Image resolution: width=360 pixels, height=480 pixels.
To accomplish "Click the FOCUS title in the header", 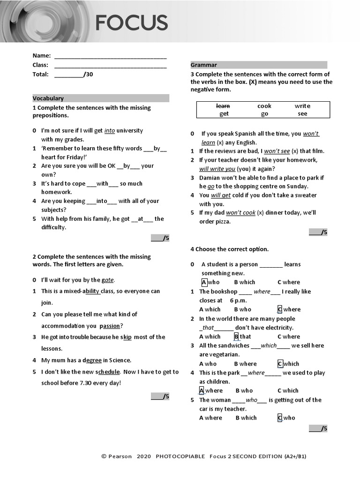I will pos(131,22).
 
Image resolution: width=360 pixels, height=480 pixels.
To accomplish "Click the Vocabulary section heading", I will pos(48,98).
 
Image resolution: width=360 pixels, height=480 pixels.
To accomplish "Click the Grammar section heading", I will pos(203,65).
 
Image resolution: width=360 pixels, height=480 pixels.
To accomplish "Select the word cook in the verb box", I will pos(264,106).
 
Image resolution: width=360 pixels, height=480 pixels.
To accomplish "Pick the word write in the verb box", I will pos(302,106).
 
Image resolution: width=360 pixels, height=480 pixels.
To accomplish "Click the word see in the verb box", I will pos(302,114).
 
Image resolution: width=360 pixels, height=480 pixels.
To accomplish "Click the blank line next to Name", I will pos(110,56).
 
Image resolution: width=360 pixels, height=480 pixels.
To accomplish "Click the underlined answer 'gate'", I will pos(108,280).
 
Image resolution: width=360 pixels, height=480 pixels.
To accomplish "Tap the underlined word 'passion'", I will pos(110,326).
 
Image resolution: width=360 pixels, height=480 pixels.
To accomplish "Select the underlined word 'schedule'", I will pos(108,372).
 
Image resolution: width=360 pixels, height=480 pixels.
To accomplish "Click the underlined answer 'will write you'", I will pos(217,169).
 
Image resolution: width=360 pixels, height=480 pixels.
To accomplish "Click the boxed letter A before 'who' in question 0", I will pos(204,282).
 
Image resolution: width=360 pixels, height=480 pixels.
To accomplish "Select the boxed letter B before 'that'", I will pos(236,337).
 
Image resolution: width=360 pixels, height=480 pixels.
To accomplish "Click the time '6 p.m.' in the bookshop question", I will pos(238,300).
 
